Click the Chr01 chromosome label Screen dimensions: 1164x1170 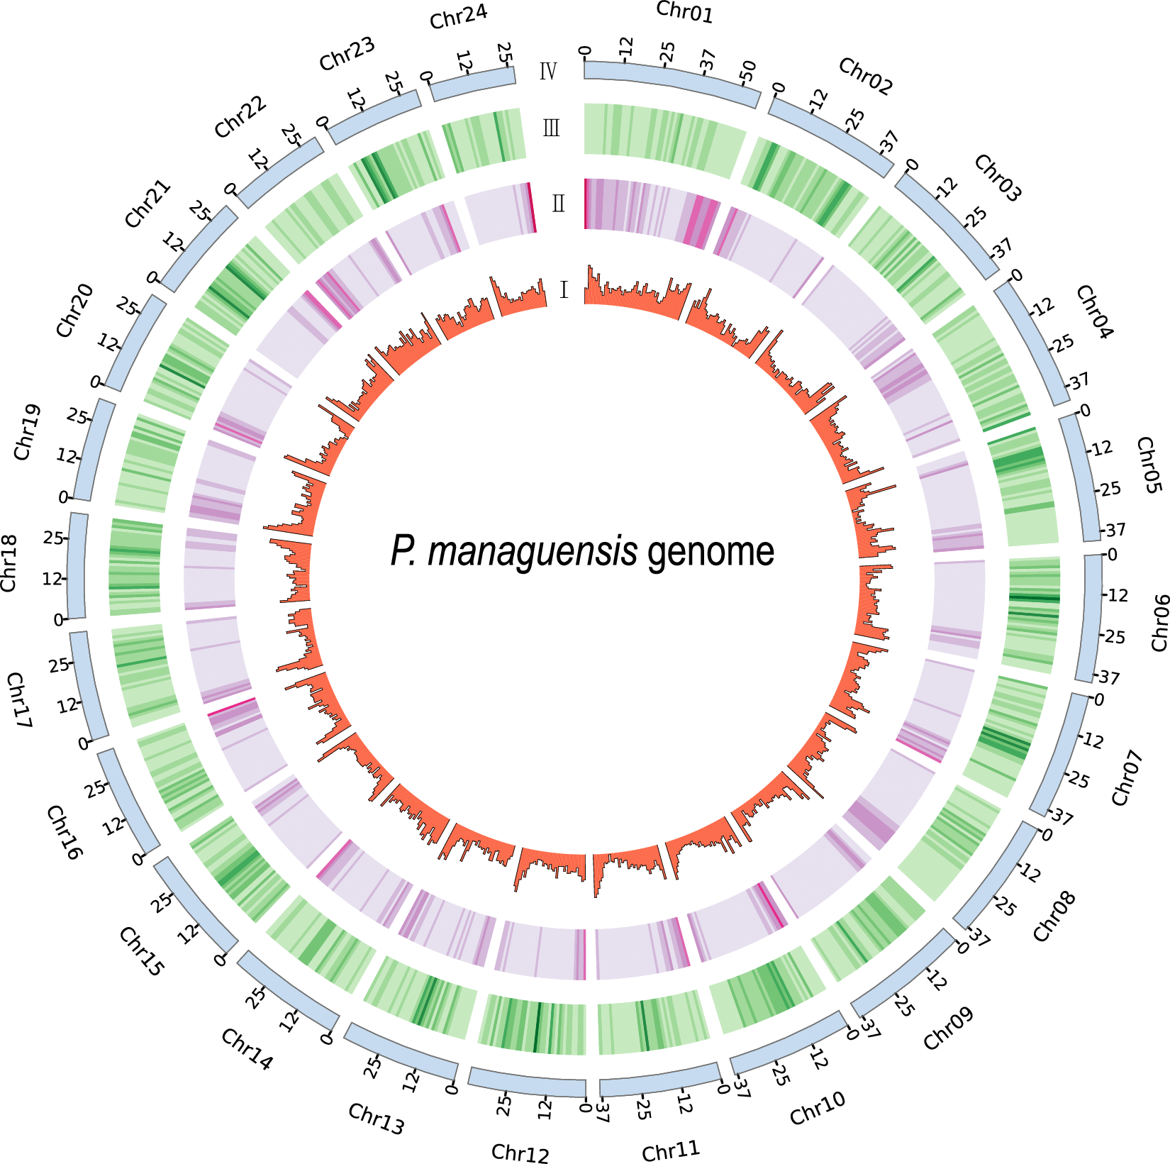click(x=684, y=12)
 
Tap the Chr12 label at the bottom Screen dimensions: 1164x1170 click(x=520, y=1153)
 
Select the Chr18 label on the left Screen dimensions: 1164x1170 click(x=9, y=563)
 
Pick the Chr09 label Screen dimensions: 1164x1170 click(x=948, y=1029)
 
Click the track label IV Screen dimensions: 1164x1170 click(x=548, y=72)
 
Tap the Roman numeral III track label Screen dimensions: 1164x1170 click(x=551, y=128)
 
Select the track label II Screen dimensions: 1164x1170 click(x=558, y=204)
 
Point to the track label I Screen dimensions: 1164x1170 click(x=564, y=290)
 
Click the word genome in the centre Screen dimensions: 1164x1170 click(x=711, y=551)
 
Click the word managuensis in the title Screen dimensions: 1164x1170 click(x=532, y=551)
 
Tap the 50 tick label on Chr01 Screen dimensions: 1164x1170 click(x=747, y=71)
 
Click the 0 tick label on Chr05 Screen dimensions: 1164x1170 click(x=1084, y=411)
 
